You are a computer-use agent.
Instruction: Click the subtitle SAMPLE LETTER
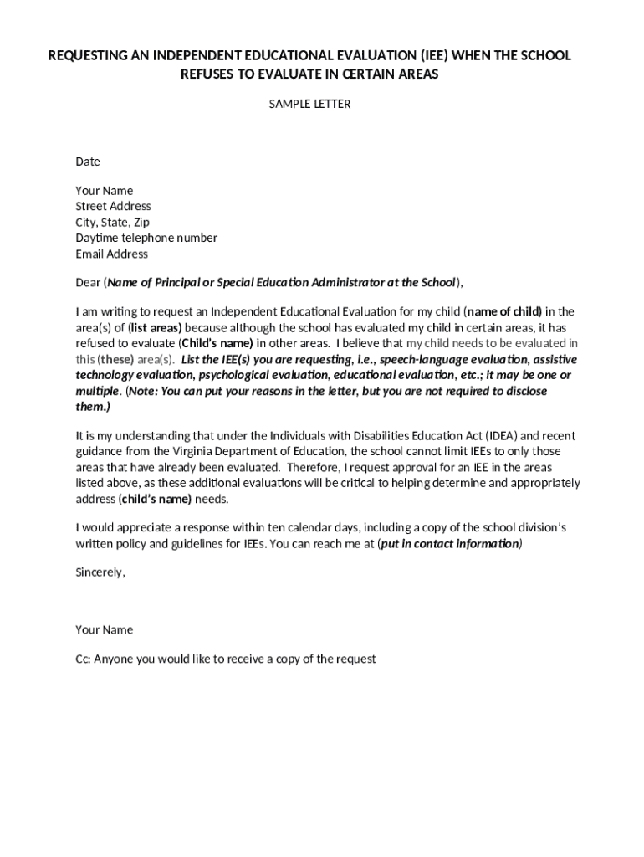pos(309,105)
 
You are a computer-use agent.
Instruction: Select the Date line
pos(88,162)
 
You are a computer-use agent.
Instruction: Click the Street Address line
pos(113,206)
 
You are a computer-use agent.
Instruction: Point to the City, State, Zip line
pos(113,222)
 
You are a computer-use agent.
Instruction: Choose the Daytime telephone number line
pos(146,238)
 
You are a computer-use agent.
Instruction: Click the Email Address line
pos(111,254)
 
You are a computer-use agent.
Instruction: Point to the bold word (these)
pos(116,359)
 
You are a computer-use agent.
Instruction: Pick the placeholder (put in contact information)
pos(450,544)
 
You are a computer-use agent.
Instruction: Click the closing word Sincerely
pos(100,572)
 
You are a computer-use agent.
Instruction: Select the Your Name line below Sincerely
pos(105,629)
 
